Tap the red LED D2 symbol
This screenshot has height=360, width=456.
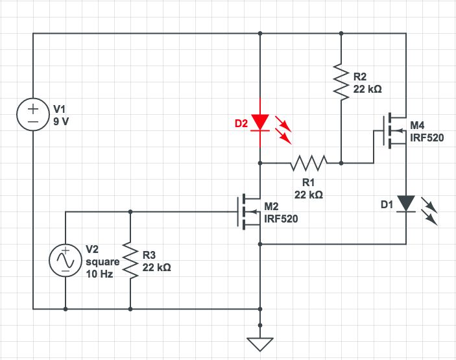pyautogui.click(x=260, y=122)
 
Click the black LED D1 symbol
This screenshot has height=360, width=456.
pyautogui.click(x=406, y=204)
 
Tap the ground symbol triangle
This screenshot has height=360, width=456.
pyautogui.click(x=260, y=343)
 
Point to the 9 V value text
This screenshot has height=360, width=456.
pyautogui.click(x=60, y=121)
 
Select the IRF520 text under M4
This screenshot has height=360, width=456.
pyautogui.click(x=427, y=138)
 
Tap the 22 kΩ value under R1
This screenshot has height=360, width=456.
pyautogui.click(x=309, y=194)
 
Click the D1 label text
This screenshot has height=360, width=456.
pyautogui.click(x=387, y=205)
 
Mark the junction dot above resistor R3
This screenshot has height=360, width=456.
pyautogui.click(x=130, y=212)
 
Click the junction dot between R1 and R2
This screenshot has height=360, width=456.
pyautogui.click(x=341, y=163)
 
